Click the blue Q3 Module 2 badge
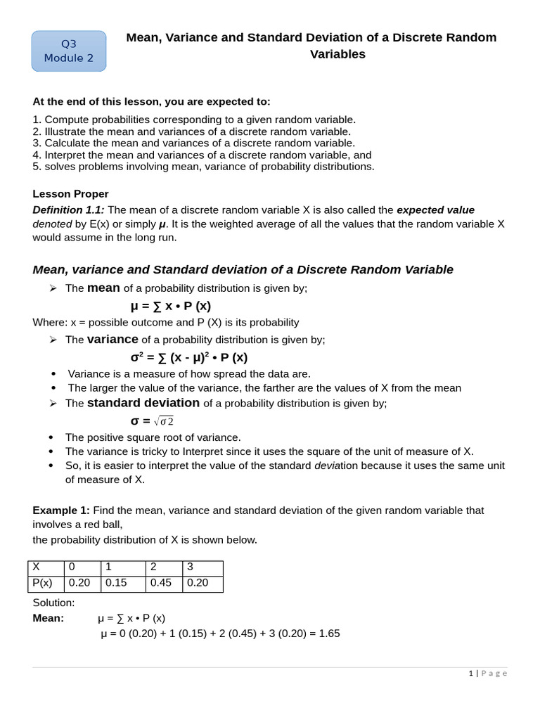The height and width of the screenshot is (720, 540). coord(68,51)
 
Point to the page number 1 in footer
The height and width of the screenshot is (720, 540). coord(470,674)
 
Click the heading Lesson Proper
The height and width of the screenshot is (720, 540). coord(71,193)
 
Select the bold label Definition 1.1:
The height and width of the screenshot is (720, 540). coord(68,210)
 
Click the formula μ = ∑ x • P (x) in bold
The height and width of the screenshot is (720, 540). coord(171,306)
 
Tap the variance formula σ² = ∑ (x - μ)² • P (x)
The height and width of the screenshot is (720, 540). coord(189,357)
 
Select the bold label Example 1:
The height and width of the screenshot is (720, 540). coord(61,510)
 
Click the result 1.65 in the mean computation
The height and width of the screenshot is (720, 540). coord(328,634)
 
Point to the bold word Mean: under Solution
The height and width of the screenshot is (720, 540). coord(48,618)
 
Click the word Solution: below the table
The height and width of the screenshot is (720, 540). coord(53,603)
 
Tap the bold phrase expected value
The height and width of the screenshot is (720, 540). coord(435,210)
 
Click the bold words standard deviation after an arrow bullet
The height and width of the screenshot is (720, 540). coord(143,403)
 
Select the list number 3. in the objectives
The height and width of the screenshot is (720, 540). coord(37,143)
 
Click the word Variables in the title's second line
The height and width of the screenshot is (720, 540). coord(337,54)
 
